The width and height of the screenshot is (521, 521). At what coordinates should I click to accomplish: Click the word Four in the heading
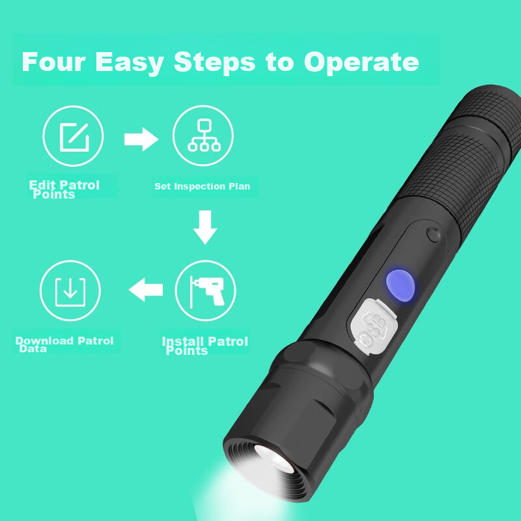click(54, 62)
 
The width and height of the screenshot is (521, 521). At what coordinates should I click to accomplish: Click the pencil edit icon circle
click(73, 136)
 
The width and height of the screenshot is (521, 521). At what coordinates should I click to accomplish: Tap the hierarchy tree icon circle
click(203, 136)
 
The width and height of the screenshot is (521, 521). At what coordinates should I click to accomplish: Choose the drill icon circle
click(206, 291)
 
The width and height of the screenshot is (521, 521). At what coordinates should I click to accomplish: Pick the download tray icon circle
click(70, 291)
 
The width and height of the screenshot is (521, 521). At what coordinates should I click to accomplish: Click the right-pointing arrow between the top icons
click(141, 139)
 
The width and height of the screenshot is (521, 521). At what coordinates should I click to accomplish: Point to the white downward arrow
click(204, 227)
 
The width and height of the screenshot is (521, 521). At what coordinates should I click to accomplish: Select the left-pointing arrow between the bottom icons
click(145, 289)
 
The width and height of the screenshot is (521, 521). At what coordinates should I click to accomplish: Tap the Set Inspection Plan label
click(202, 186)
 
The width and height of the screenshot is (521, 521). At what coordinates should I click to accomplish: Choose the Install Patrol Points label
click(204, 345)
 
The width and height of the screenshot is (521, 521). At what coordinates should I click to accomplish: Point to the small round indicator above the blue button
click(431, 234)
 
